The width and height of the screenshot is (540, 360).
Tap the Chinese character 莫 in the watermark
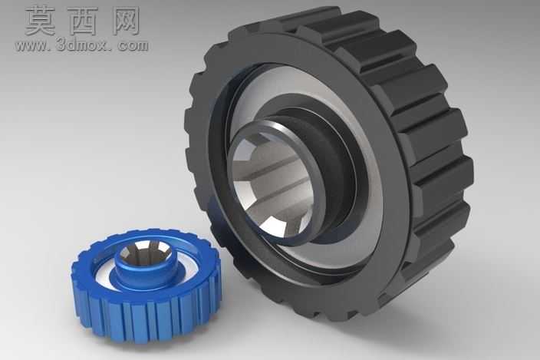tap(41, 21)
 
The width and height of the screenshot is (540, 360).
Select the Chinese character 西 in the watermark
tap(84, 21)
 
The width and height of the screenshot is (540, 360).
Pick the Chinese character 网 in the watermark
tap(126, 21)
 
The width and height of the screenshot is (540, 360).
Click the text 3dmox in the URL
tap(79, 45)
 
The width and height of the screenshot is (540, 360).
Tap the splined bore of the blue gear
tap(143, 253)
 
